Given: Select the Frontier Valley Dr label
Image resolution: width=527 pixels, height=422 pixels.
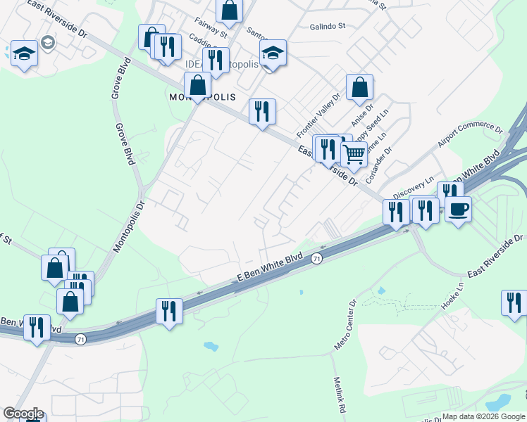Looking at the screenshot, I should coord(318,115).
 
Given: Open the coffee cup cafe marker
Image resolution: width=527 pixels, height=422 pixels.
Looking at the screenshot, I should coord(458,209).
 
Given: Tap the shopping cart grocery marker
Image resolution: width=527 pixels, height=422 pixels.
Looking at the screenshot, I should coord(354,153).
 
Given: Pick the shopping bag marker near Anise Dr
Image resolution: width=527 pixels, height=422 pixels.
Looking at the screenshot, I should coord(359,88).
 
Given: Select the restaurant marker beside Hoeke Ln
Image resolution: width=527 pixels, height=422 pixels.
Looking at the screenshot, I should coord(514,302).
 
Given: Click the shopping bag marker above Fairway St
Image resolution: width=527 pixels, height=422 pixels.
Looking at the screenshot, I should coord(229,10).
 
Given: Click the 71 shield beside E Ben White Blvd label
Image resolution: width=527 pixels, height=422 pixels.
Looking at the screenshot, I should coord(318,259).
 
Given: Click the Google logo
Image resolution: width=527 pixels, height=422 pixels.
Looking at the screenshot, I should coord(23,414).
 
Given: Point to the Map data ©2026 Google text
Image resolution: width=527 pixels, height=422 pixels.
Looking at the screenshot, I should coord(484,416).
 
